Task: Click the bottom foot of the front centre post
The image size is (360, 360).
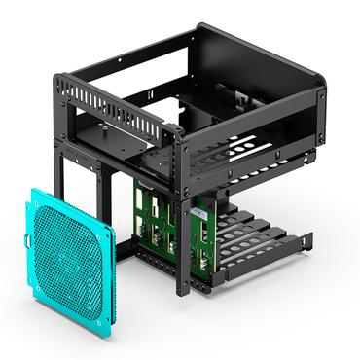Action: click(180, 291)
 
